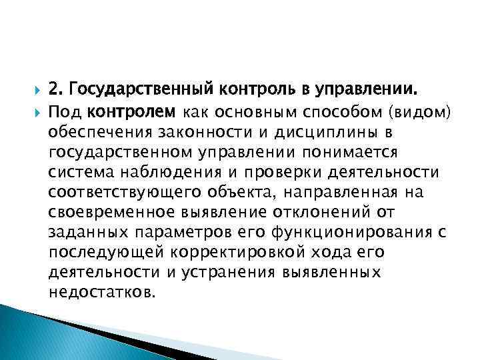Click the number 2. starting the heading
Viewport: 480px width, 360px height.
pyautogui.click(x=57, y=88)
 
